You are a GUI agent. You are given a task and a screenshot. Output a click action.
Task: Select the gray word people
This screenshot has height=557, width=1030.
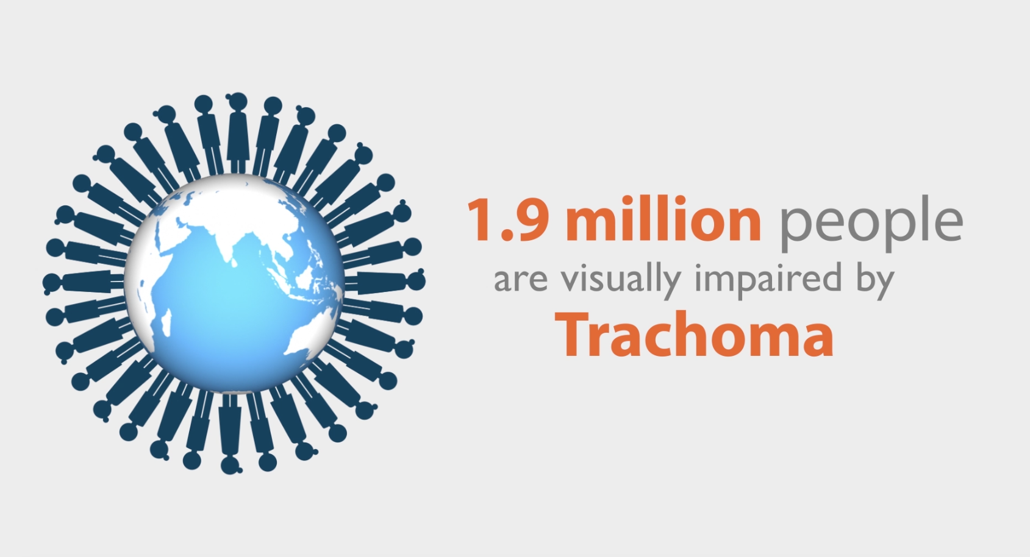point(871,224)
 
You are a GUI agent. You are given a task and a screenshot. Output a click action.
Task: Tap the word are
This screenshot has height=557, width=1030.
point(521,282)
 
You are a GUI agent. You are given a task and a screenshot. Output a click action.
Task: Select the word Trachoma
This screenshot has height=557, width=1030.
point(695,335)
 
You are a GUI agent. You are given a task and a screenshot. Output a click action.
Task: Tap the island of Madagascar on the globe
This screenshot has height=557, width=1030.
point(167,322)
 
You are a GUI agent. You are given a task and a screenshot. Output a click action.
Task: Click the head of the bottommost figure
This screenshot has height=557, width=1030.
point(231,464)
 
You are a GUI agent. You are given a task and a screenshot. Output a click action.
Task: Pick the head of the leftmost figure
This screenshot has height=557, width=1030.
point(51,283)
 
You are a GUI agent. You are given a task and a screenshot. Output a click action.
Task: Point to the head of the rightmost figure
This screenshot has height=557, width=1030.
point(416,280)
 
